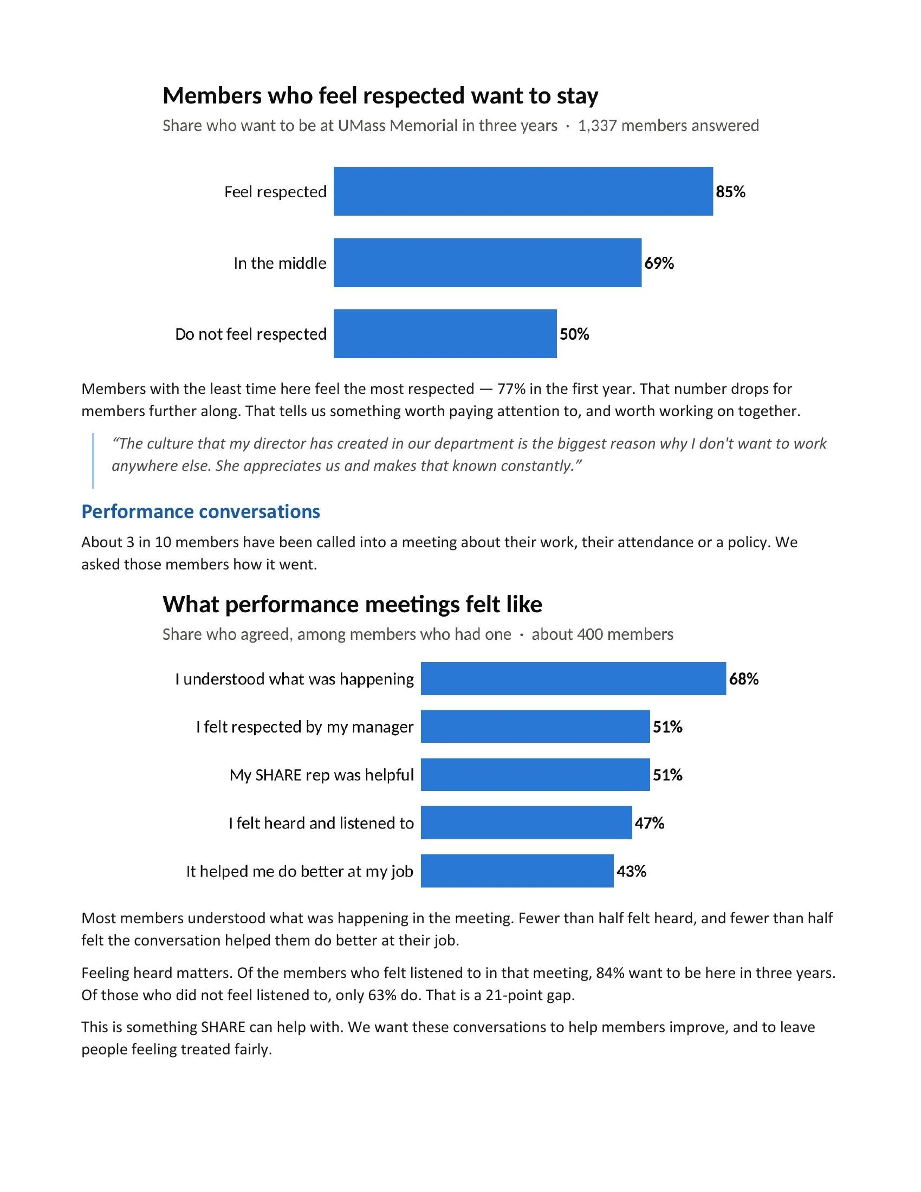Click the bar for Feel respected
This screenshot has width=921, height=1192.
[523, 191]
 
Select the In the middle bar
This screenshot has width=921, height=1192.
[488, 263]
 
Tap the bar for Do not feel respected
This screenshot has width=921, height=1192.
[445, 333]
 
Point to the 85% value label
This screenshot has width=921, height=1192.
[731, 192]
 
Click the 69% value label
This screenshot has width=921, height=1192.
[659, 263]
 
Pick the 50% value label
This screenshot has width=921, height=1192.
[574, 334]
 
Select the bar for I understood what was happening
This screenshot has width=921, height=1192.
[573, 678]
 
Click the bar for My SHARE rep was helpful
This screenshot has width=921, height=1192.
[535, 774]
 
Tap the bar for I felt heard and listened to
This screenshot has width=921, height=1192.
[527, 822]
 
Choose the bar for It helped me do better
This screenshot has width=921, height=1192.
[517, 871]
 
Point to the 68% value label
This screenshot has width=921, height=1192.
[744, 679]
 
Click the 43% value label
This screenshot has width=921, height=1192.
[631, 871]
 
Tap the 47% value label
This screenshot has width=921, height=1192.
[649, 823]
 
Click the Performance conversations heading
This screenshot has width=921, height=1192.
[201, 511]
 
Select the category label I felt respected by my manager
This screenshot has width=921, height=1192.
[305, 727]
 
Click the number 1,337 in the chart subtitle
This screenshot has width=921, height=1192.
[598, 126]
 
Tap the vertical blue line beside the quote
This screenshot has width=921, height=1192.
[93, 460]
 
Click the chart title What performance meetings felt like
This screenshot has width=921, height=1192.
[353, 604]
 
